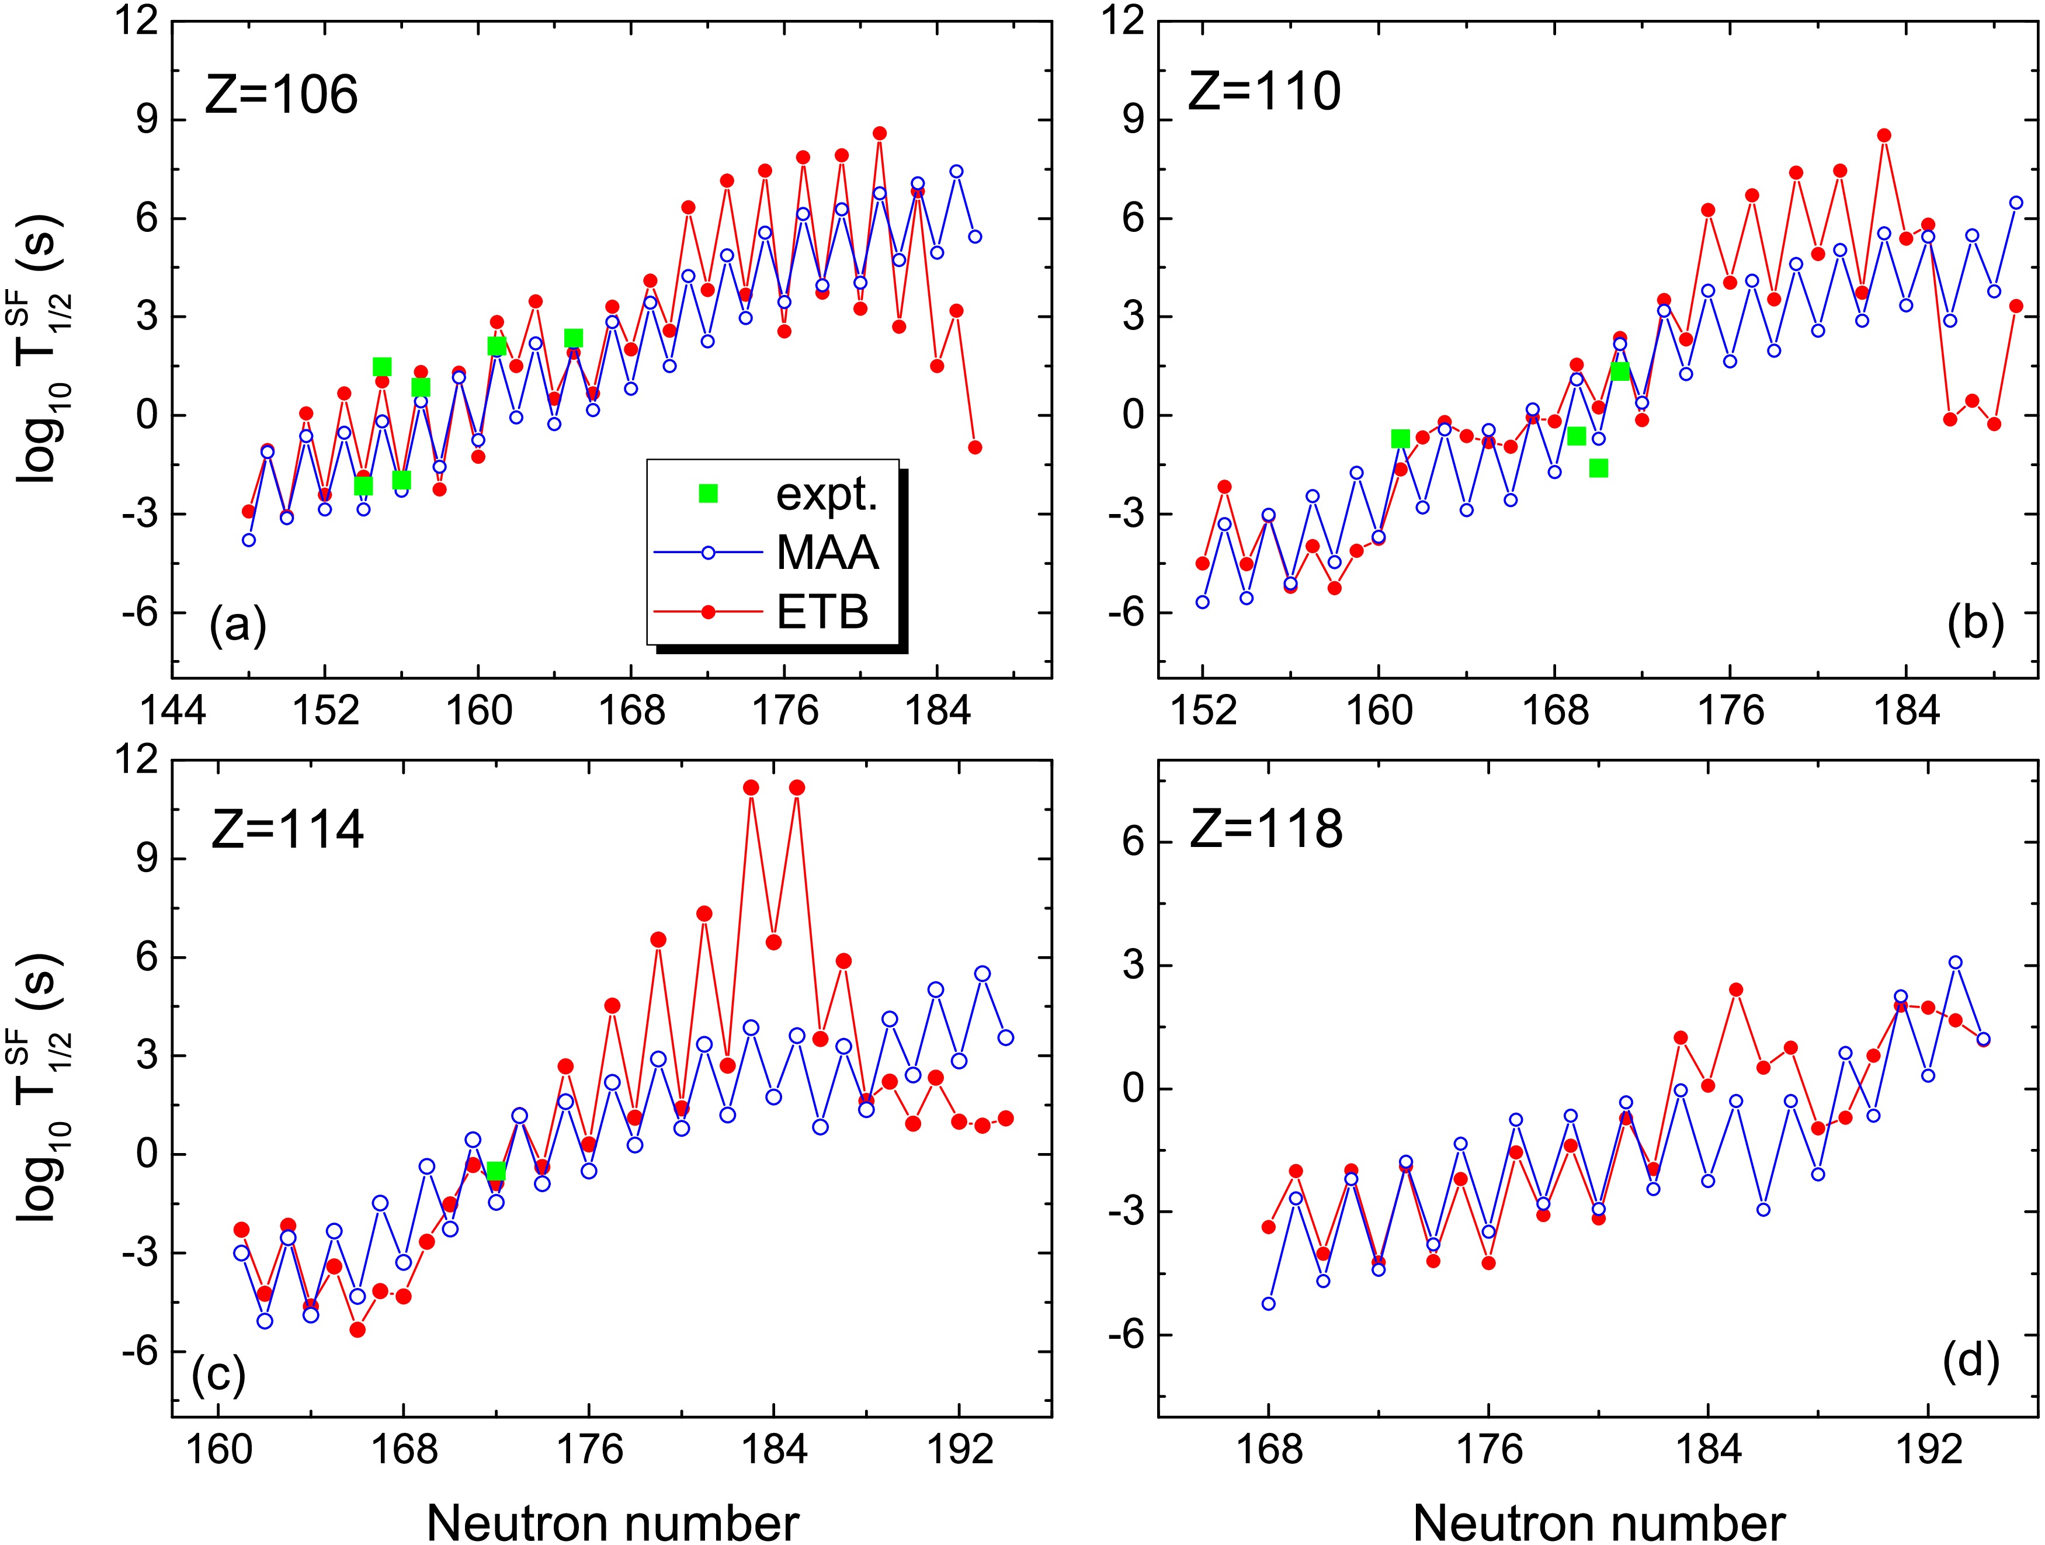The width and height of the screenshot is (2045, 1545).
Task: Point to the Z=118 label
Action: click(1265, 829)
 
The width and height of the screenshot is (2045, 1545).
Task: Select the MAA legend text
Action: click(828, 554)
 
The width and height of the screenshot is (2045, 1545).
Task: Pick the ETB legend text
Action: click(823, 612)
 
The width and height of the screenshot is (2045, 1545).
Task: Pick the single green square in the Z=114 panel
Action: click(495, 1172)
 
